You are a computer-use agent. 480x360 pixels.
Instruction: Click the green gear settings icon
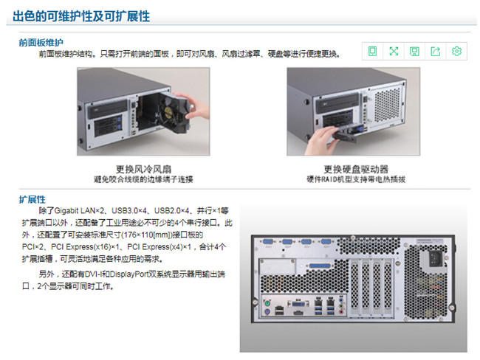click(x=456, y=51)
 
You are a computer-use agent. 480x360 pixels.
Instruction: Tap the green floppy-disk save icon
click(x=414, y=51)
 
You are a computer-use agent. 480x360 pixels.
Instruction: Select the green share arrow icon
click(x=435, y=51)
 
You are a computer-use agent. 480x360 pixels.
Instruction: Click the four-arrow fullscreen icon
click(x=394, y=51)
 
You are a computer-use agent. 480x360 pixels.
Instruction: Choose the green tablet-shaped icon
click(x=372, y=51)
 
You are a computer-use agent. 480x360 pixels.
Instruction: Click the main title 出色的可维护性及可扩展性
click(x=81, y=16)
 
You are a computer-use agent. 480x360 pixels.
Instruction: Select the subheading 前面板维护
click(x=41, y=43)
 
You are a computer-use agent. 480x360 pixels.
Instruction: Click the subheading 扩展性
click(x=32, y=199)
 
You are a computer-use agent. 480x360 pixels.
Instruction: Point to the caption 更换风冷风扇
click(x=143, y=169)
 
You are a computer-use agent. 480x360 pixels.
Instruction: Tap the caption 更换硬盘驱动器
click(x=356, y=169)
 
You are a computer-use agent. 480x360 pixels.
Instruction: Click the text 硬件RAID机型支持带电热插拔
click(x=356, y=179)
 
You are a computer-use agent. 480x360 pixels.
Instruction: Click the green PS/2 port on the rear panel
click(x=267, y=304)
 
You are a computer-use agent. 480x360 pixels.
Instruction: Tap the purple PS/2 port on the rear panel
click(x=267, y=312)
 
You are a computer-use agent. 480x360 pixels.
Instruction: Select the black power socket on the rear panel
click(x=435, y=260)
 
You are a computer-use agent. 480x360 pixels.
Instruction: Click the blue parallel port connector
click(x=320, y=266)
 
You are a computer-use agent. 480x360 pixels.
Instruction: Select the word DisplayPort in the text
click(x=129, y=274)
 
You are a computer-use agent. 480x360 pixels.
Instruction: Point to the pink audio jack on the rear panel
click(x=341, y=312)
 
